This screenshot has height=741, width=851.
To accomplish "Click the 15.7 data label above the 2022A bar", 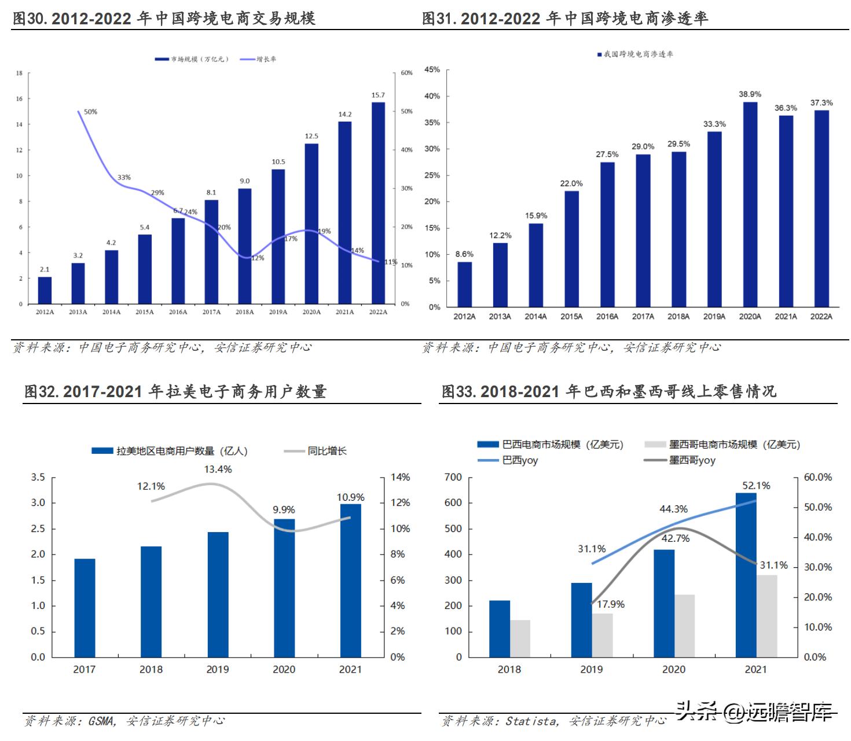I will click(378, 95).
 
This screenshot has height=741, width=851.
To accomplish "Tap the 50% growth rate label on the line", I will click(90, 112).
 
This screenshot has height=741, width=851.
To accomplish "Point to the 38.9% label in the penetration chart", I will click(750, 94).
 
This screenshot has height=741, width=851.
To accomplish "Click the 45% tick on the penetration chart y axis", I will click(432, 69).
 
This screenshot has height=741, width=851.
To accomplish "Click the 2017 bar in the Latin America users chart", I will click(85, 608).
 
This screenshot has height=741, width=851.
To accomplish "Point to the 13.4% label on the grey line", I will click(218, 469).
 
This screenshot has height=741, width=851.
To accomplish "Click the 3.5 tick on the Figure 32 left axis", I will click(38, 477).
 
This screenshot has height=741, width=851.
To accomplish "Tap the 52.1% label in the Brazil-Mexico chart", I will click(756, 486).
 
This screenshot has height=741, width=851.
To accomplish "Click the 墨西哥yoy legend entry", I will click(692, 460).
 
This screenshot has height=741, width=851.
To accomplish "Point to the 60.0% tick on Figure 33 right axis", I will click(817, 477).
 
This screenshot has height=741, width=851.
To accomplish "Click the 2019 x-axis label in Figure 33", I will click(591, 669).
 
